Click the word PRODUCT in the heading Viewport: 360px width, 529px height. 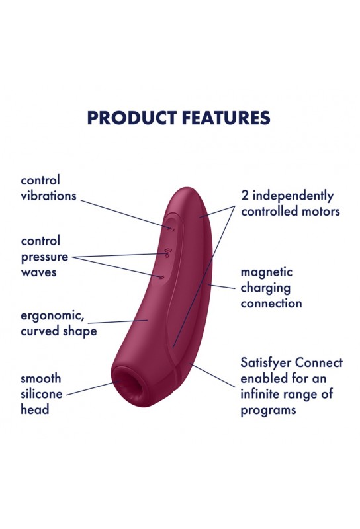[x=132, y=118]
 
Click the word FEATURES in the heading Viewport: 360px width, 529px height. [x=226, y=118]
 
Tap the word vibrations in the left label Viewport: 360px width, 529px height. [x=48, y=196]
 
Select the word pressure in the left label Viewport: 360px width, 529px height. [x=44, y=257]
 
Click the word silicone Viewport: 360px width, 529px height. [x=42, y=393]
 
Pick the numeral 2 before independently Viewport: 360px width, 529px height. [x=244, y=196]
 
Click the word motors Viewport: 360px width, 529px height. [x=320, y=212]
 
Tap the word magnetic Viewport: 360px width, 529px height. [x=267, y=272]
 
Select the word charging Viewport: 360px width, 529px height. [x=265, y=288]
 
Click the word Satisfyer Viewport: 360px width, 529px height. [x=265, y=363]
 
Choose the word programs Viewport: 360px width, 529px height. [x=268, y=411]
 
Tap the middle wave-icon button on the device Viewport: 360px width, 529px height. [x=168, y=253]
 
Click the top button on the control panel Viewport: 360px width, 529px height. [x=172, y=229]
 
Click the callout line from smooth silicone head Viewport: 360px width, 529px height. [x=93, y=388]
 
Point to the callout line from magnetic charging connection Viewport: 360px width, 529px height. [x=221, y=287]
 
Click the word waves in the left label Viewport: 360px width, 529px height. [x=38, y=272]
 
